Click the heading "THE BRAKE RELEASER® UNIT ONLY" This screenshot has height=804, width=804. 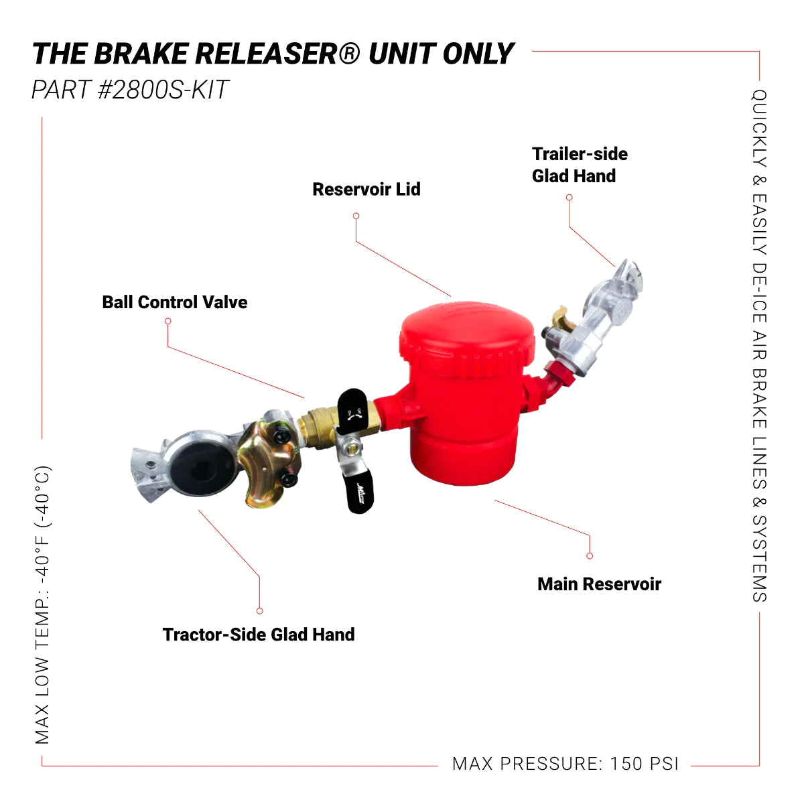[x=273, y=54]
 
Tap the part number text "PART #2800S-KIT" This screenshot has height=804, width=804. [x=130, y=90]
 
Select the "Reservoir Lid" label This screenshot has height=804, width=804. [x=366, y=190]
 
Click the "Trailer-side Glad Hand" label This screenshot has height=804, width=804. [x=580, y=165]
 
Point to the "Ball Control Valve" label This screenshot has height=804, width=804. [x=174, y=302]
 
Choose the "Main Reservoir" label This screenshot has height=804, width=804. [x=599, y=584]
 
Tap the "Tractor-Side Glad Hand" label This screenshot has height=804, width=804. [x=259, y=634]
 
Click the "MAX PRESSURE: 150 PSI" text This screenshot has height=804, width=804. [x=565, y=764]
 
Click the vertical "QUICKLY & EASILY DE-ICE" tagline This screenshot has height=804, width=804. [x=758, y=346]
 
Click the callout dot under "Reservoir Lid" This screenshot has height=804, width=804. [x=356, y=216]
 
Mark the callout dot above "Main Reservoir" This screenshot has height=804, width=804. [x=590, y=555]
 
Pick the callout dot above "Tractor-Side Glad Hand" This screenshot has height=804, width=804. [x=259, y=610]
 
